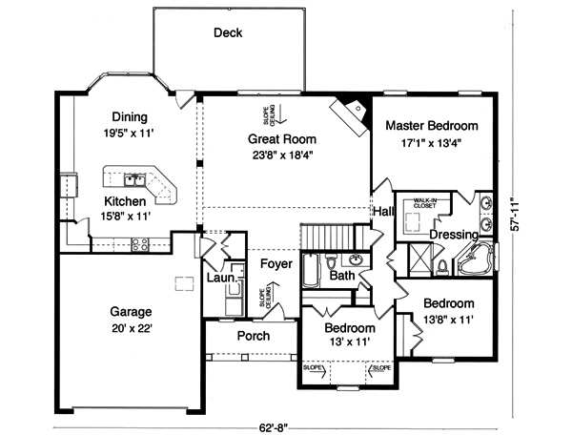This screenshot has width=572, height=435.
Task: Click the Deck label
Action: (x=227, y=33)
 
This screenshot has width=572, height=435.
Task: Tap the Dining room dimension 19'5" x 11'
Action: (x=130, y=135)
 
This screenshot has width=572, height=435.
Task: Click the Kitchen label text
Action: (x=125, y=201)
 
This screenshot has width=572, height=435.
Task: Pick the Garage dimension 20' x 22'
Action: (x=130, y=327)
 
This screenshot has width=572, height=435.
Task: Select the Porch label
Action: (x=253, y=336)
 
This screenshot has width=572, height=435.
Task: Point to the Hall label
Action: (x=384, y=211)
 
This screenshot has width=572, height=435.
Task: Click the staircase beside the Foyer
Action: (x=329, y=236)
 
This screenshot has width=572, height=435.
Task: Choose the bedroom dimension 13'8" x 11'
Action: (x=448, y=320)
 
